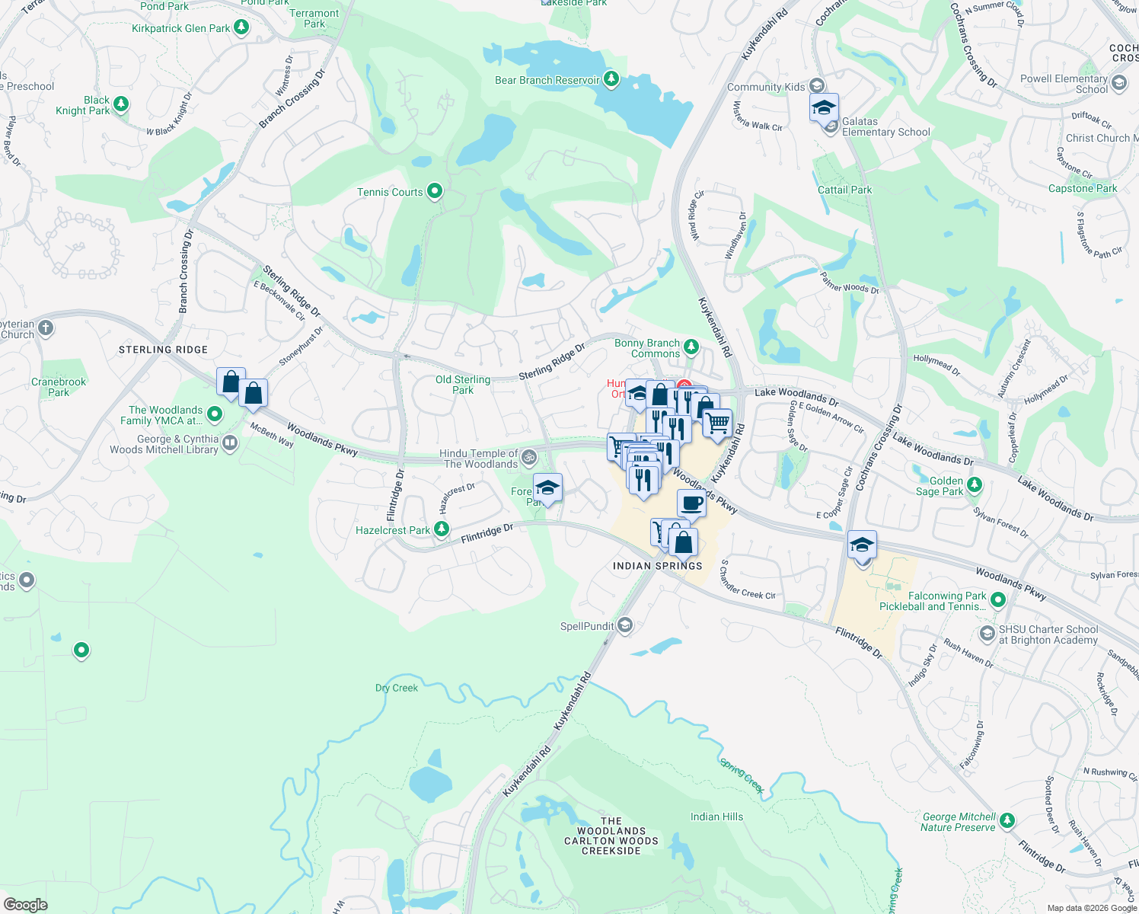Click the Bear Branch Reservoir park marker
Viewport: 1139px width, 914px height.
611,79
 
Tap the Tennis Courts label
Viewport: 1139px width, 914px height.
390,192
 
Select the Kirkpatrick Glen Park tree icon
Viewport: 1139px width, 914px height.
241,28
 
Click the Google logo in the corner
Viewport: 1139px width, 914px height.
25,904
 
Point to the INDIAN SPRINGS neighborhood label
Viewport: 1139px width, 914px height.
657,566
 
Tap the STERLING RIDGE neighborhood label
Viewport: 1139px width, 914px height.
163,350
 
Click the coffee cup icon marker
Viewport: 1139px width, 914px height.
691,504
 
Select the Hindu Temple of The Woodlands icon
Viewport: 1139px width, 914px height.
529,458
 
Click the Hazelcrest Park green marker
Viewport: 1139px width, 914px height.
441,529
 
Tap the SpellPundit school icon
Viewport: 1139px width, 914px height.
624,626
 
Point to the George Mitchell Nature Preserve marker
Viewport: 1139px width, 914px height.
1007,821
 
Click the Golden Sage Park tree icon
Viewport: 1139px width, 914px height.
974,486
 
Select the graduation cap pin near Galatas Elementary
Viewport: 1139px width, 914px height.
824,108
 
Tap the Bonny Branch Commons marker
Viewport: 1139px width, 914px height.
691,348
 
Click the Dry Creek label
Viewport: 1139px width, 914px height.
397,688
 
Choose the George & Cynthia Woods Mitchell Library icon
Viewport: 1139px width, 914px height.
229,444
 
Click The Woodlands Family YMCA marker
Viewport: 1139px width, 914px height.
215,414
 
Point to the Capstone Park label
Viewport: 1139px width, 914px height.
1082,188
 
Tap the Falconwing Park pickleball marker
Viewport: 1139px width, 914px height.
998,601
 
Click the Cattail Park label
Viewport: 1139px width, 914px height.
844,190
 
